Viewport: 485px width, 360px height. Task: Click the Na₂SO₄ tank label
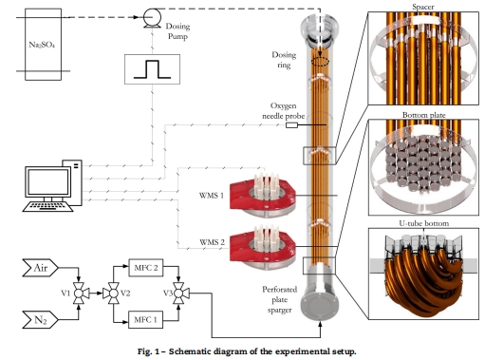pyautogui.click(x=42, y=45)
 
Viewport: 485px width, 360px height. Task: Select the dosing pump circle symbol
pyautogui.click(x=152, y=17)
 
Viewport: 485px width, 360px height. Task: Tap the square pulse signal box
pyautogui.click(x=152, y=69)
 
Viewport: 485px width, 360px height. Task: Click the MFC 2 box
pyautogui.click(x=146, y=268)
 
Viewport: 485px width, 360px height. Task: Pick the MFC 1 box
pyautogui.click(x=146, y=319)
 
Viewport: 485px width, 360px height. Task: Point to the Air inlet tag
pyautogui.click(x=40, y=268)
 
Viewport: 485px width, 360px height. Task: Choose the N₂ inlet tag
pyautogui.click(x=40, y=320)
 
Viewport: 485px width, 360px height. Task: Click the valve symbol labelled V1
pyautogui.click(x=79, y=294)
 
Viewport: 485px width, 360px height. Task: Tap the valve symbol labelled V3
pyautogui.click(x=179, y=294)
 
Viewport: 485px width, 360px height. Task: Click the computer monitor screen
pyautogui.click(x=48, y=181)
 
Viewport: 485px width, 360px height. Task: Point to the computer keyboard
pyautogui.click(x=47, y=206)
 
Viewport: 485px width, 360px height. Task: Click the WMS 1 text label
pyautogui.click(x=212, y=196)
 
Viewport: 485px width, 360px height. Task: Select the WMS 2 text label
pyautogui.click(x=212, y=242)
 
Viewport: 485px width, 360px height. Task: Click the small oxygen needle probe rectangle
pyautogui.click(x=291, y=125)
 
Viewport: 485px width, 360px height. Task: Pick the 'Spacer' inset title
pyautogui.click(x=423, y=7)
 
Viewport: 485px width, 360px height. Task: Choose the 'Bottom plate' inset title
pyautogui.click(x=424, y=115)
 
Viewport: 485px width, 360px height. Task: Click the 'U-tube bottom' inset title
pyautogui.click(x=424, y=223)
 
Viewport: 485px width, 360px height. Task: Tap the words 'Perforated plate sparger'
pyautogui.click(x=280, y=300)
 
